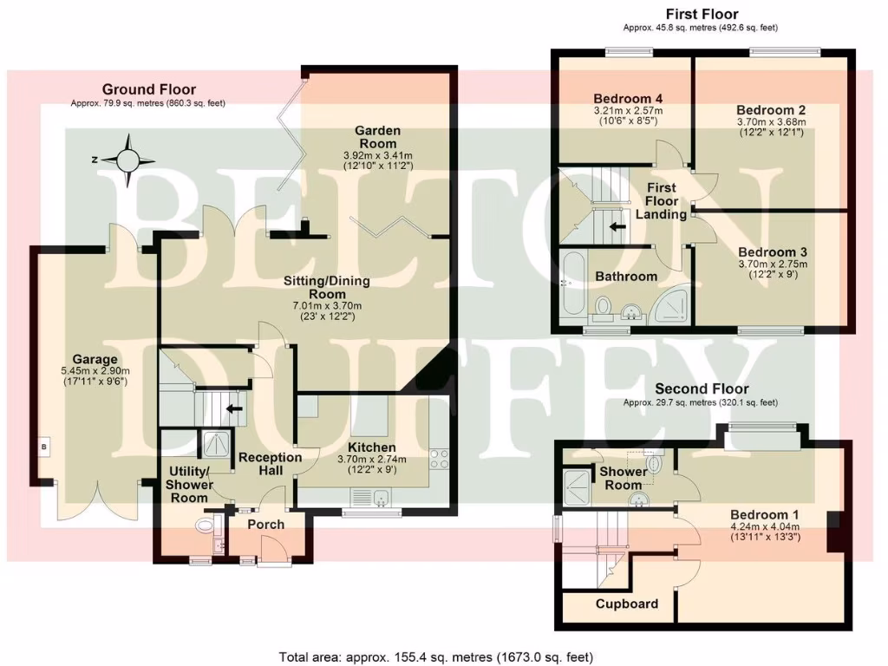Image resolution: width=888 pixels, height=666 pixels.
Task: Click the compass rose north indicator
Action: tap(129, 160)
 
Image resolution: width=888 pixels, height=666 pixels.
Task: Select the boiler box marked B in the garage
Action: tap(42, 447)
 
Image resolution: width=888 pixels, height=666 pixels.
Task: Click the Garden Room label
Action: tap(376, 137)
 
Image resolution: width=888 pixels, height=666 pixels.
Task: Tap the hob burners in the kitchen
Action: tap(438, 458)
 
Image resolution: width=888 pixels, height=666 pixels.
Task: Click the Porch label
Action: tap(265, 524)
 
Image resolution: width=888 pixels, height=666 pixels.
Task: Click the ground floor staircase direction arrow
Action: tap(232, 408)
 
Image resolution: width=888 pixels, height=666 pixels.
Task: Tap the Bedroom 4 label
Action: tap(627, 98)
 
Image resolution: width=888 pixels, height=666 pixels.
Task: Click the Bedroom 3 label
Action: tap(772, 251)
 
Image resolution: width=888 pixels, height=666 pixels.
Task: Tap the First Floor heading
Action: tap(702, 14)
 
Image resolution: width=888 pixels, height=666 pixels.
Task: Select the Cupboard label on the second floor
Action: tap(626, 604)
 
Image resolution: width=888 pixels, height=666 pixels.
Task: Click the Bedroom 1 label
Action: tap(764, 513)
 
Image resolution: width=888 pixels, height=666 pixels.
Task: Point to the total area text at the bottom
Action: tap(436, 656)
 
